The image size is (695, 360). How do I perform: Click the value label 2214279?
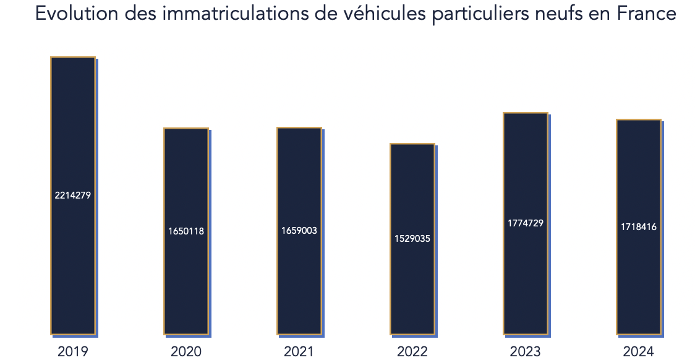[73, 195]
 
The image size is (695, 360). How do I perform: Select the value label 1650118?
[186, 231]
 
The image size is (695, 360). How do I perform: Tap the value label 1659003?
[299, 231]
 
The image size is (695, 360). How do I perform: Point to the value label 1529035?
[412, 239]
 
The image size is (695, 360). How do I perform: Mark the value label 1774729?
[526, 223]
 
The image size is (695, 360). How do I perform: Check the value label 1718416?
[639, 227]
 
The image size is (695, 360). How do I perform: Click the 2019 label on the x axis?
[73, 352]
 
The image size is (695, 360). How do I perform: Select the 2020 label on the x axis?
[186, 352]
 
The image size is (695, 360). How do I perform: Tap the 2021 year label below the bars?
[299, 352]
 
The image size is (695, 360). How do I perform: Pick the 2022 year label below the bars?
[412, 352]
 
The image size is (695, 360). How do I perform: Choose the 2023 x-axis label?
[526, 352]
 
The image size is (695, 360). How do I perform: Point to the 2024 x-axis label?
[639, 352]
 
